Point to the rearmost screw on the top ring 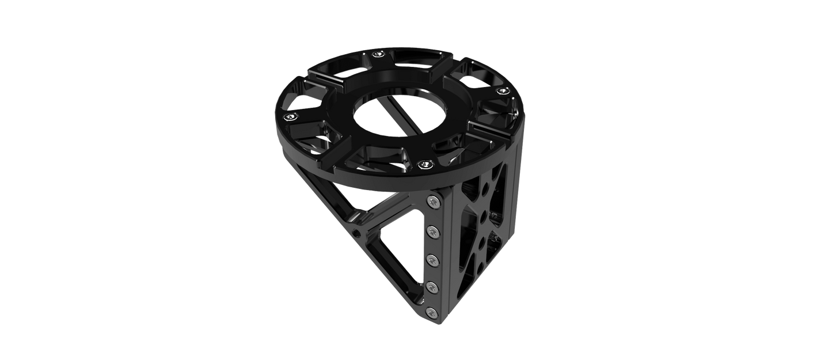(378, 55)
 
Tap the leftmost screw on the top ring (293, 118)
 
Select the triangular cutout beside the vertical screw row (403, 248)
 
